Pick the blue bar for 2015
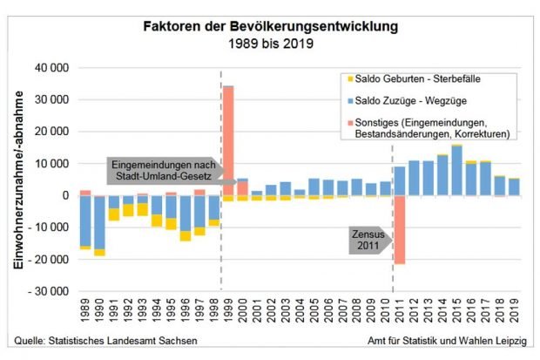coord(456,171)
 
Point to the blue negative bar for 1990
coord(99,222)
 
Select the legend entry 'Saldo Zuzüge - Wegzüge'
coord(415,101)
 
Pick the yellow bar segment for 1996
coord(185,235)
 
